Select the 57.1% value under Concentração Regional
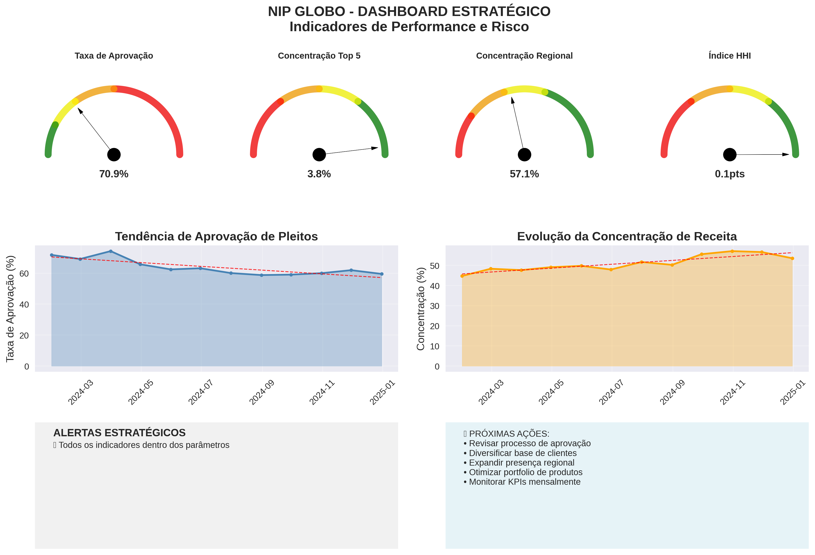coord(524,174)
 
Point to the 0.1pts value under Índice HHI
coord(730,174)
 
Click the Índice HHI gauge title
coord(730,56)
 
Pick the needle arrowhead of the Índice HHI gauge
coord(785,154)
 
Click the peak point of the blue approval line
coord(111,251)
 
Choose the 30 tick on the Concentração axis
coord(435,306)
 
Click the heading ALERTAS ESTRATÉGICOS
coord(119,433)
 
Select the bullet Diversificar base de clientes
coord(523,453)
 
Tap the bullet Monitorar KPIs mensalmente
coord(524,482)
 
